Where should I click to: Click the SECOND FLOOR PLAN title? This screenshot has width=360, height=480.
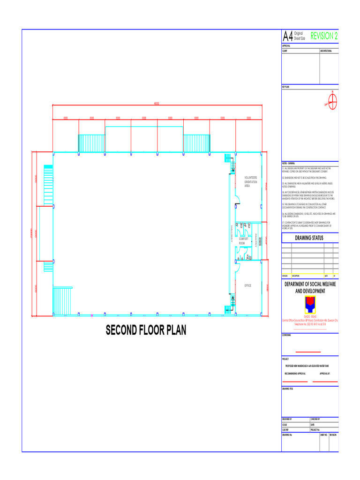point(146,330)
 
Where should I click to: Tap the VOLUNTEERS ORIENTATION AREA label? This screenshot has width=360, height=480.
point(250,182)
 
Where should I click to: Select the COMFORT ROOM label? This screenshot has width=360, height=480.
point(243,241)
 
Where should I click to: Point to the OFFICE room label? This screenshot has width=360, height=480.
point(247,285)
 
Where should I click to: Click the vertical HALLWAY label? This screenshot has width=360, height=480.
point(231,233)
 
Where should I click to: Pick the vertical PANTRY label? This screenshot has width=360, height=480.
point(256,242)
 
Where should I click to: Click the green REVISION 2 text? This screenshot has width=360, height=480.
point(324,36)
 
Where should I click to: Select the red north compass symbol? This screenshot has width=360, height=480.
point(332,100)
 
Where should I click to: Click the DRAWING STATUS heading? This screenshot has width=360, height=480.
point(309,238)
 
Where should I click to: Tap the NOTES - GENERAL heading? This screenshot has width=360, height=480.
point(288,163)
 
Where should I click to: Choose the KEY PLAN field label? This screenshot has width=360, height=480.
point(285,87)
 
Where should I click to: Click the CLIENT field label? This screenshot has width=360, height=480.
point(285,50)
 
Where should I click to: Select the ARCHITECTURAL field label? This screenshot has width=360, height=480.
point(326,50)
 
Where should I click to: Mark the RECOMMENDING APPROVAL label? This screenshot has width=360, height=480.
point(295,374)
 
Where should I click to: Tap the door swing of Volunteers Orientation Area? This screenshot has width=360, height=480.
point(237,200)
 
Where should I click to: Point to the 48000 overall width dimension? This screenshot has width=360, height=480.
point(157,104)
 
